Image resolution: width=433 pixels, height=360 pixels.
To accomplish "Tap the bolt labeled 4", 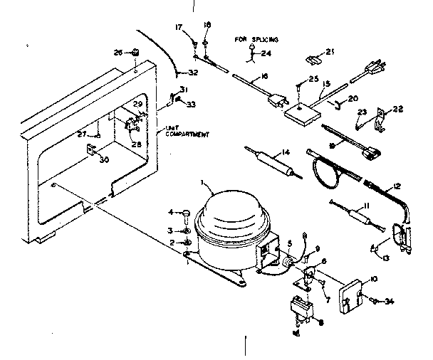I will pyautogui.click(x=184, y=213).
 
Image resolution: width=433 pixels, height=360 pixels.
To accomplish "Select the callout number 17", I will pyautogui.click(x=179, y=28).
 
